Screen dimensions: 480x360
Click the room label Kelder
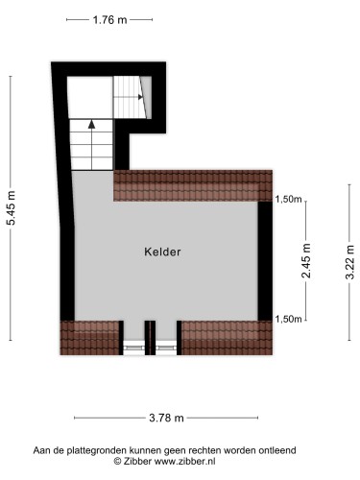click(163, 252)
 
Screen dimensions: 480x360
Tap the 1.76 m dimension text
click(110, 19)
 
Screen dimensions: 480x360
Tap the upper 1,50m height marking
click(289, 200)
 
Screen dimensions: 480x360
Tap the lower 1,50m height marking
click(289, 319)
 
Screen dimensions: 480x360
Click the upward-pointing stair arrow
click(91, 123)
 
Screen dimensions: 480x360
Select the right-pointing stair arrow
click(141, 95)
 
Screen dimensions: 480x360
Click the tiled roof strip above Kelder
click(193, 185)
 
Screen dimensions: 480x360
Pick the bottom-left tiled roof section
click(91, 336)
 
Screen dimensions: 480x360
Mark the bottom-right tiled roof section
click(227, 336)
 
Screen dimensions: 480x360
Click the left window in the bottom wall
click(135, 340)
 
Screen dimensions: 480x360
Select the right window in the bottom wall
click(166, 340)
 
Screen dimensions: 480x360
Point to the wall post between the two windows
click(151, 337)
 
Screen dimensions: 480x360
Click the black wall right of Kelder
click(266, 259)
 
